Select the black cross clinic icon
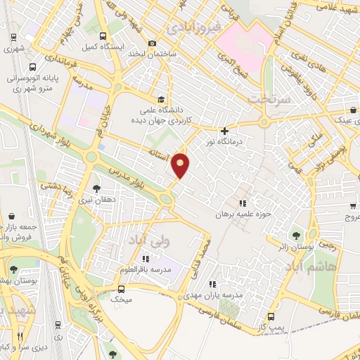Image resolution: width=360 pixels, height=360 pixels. point(224,131)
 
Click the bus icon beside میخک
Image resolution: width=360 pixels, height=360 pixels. point(122,289)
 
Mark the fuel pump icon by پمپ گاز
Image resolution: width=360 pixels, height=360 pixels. point(271,316)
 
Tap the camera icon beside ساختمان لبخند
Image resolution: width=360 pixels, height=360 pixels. point(153,44)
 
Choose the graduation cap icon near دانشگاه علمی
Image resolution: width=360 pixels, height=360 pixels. point(162,99)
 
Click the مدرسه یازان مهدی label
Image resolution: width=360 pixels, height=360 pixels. point(219,295)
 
